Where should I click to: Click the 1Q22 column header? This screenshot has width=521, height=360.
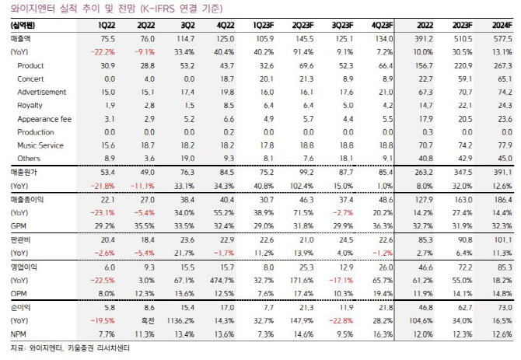[x=107, y=26]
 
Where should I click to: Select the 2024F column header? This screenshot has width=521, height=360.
[x=502, y=26]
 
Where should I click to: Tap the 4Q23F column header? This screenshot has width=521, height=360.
[x=382, y=26]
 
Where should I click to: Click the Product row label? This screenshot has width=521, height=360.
[x=30, y=66]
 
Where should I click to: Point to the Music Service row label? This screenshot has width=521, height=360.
[x=40, y=145]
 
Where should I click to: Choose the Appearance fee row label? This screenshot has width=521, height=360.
[x=44, y=119]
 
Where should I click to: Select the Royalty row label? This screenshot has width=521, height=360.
[x=30, y=106]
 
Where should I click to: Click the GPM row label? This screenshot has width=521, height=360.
[x=19, y=226]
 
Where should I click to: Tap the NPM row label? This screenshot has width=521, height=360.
[x=19, y=334]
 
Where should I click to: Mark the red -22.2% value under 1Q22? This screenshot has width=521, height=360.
[x=103, y=52]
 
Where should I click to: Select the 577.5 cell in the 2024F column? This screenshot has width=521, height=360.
[x=502, y=39]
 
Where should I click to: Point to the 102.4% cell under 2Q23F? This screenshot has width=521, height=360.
[x=302, y=186]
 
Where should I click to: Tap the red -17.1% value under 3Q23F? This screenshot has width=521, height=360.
[x=341, y=281]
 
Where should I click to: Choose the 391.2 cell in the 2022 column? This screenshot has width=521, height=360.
[x=424, y=39]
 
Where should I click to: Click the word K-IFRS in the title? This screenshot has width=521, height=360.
[x=158, y=8]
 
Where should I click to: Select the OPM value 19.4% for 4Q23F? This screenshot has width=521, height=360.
[x=383, y=294]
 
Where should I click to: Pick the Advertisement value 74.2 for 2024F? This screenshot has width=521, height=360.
[x=505, y=93]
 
